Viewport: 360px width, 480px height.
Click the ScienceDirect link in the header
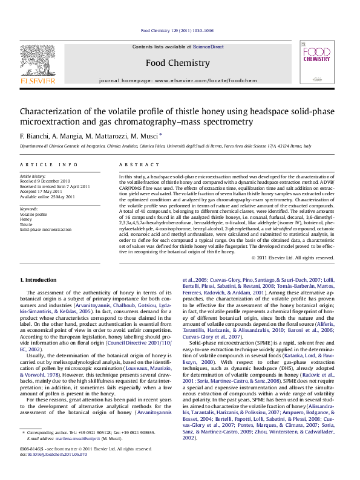pyautogui.click(x=208, y=47)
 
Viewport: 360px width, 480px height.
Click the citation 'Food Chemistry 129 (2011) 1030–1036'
pyautogui.click(x=177, y=30)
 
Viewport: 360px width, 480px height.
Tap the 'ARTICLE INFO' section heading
pyautogui.click(x=48, y=164)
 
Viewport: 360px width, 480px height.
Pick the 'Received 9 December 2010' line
pyautogui.click(x=45, y=181)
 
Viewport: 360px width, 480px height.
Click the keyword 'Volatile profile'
pyautogui.click(x=33, y=214)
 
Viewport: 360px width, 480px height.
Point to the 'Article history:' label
pyautogui.click(x=33, y=176)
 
